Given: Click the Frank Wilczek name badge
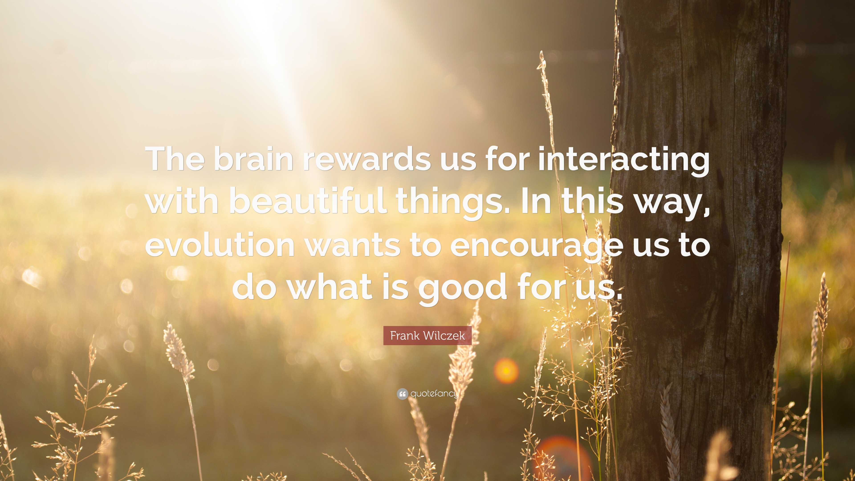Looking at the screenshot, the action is [427, 336].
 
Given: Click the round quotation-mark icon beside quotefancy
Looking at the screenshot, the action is [402, 394].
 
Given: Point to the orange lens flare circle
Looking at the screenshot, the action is [506, 371].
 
